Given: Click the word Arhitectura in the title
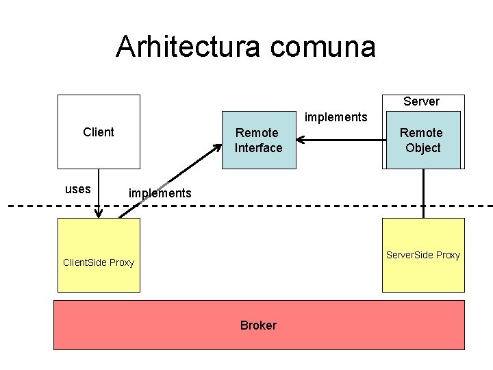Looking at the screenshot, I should [189, 47].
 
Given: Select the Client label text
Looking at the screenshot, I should [98, 132].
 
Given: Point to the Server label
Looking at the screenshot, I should [421, 101].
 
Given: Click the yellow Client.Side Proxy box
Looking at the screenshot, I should [98, 240].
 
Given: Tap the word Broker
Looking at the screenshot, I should [258, 325].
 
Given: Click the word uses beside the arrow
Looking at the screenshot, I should [77, 190].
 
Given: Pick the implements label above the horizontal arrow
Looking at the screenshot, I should [336, 117].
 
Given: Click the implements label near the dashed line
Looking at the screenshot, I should [160, 193].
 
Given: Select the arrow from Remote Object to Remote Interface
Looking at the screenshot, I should [342, 140].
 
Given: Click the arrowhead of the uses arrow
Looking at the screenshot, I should [99, 213].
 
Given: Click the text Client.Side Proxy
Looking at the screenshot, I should [98, 262].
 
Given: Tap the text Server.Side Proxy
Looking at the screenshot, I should [423, 255].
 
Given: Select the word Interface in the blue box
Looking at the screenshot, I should [258, 148].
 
